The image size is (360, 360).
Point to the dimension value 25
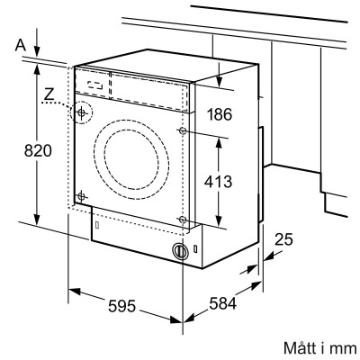click(x=284, y=239)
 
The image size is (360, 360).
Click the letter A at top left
click(x=19, y=42)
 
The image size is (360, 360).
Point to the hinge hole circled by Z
click(x=83, y=114)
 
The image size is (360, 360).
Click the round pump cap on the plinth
click(x=182, y=251)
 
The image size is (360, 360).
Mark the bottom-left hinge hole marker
click(x=82, y=196)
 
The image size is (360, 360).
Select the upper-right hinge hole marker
click(x=184, y=131)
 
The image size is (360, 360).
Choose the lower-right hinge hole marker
click(x=183, y=219)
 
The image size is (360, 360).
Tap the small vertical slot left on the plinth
click(x=93, y=228)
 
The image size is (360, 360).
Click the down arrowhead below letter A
click(x=37, y=50)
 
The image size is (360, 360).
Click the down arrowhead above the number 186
click(x=221, y=81)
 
